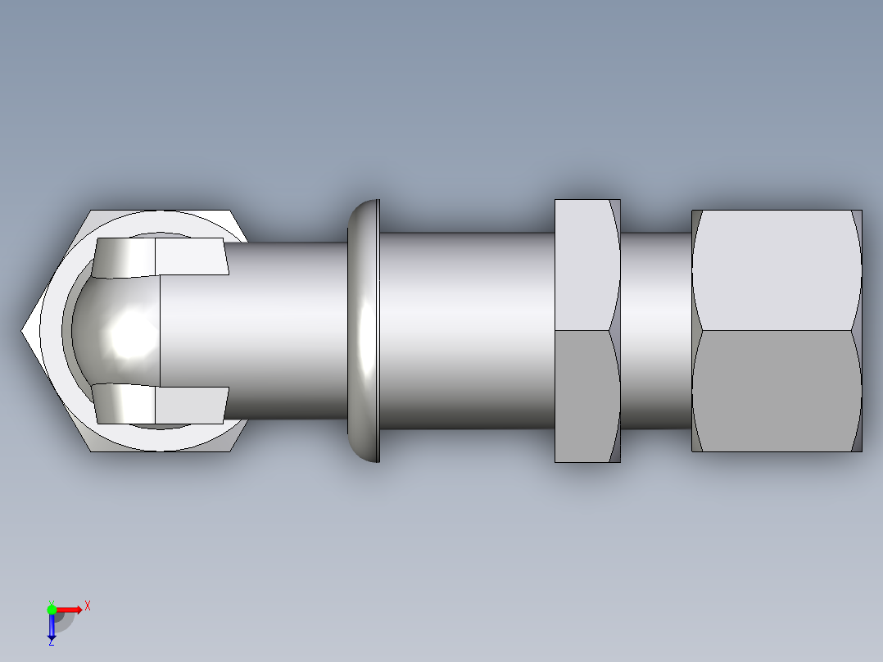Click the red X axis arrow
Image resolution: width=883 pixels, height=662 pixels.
(69, 610)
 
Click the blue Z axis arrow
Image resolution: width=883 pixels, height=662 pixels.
(51, 627)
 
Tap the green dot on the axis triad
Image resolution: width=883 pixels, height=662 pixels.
(52, 609)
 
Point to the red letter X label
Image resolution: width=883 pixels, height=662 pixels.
(88, 605)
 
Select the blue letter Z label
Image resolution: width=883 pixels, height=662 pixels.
(51, 643)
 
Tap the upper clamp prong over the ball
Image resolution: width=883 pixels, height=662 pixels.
(160, 256)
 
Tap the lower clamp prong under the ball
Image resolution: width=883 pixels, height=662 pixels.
(160, 404)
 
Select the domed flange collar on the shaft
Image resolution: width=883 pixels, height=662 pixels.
(364, 330)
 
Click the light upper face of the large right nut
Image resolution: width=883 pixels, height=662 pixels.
(775, 270)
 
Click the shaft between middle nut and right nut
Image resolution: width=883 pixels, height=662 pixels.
(655, 330)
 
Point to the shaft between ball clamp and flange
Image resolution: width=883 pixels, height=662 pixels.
(287, 330)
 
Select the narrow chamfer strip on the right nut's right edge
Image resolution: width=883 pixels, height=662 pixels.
(857, 330)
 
